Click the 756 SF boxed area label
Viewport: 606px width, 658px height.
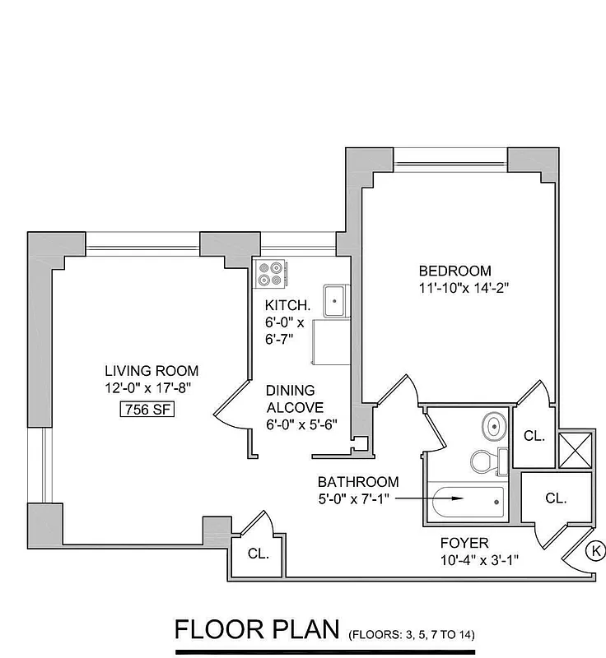(149, 410)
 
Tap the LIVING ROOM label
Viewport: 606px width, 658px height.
(151, 371)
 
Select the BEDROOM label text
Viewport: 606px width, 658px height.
(454, 271)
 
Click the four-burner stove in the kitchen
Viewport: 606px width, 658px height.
(270, 272)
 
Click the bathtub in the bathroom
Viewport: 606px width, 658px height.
(468, 498)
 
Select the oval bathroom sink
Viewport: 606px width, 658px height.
(493, 426)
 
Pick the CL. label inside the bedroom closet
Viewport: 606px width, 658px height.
(534, 437)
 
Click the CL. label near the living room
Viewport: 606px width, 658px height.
(259, 554)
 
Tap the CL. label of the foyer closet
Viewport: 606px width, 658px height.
(557, 498)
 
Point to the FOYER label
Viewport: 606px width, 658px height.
(464, 543)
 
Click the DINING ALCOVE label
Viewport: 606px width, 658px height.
(294, 399)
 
